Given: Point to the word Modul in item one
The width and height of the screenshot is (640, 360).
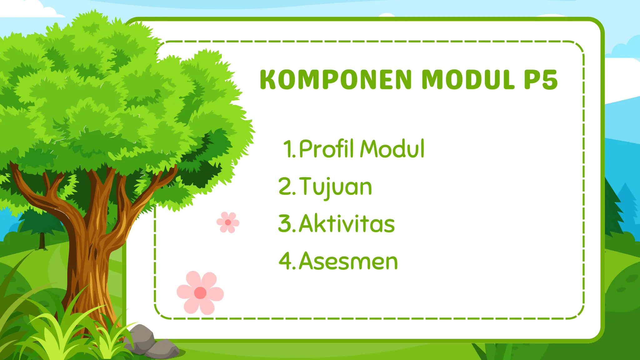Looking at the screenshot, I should tap(392, 149).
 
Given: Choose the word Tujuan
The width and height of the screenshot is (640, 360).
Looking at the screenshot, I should tap(336, 187).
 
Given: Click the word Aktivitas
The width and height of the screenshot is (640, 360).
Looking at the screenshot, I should tap(347, 224).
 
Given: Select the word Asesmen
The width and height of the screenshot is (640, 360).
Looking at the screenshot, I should tap(348, 261).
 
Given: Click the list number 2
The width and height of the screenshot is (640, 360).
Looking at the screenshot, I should tap(285, 187).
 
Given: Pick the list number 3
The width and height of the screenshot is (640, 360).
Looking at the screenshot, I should tap(285, 224).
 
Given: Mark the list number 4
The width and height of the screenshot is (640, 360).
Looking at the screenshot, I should tap(285, 261).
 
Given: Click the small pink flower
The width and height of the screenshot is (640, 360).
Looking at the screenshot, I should tap(228, 222).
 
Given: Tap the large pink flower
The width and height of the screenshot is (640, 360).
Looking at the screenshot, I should tap(200, 293).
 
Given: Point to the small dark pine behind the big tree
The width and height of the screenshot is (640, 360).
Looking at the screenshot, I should tap(41, 225).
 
